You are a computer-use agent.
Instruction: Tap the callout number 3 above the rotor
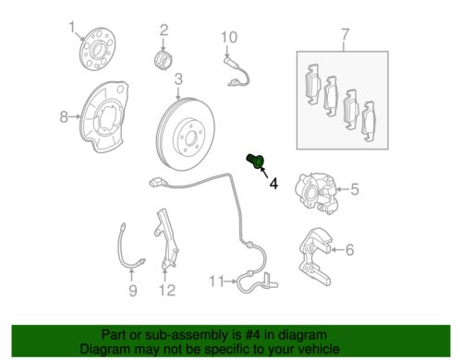click(177, 78)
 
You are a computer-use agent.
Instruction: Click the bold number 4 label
click(273, 185)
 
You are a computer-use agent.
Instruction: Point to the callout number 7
click(345, 37)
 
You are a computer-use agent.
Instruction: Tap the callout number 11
click(215, 280)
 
